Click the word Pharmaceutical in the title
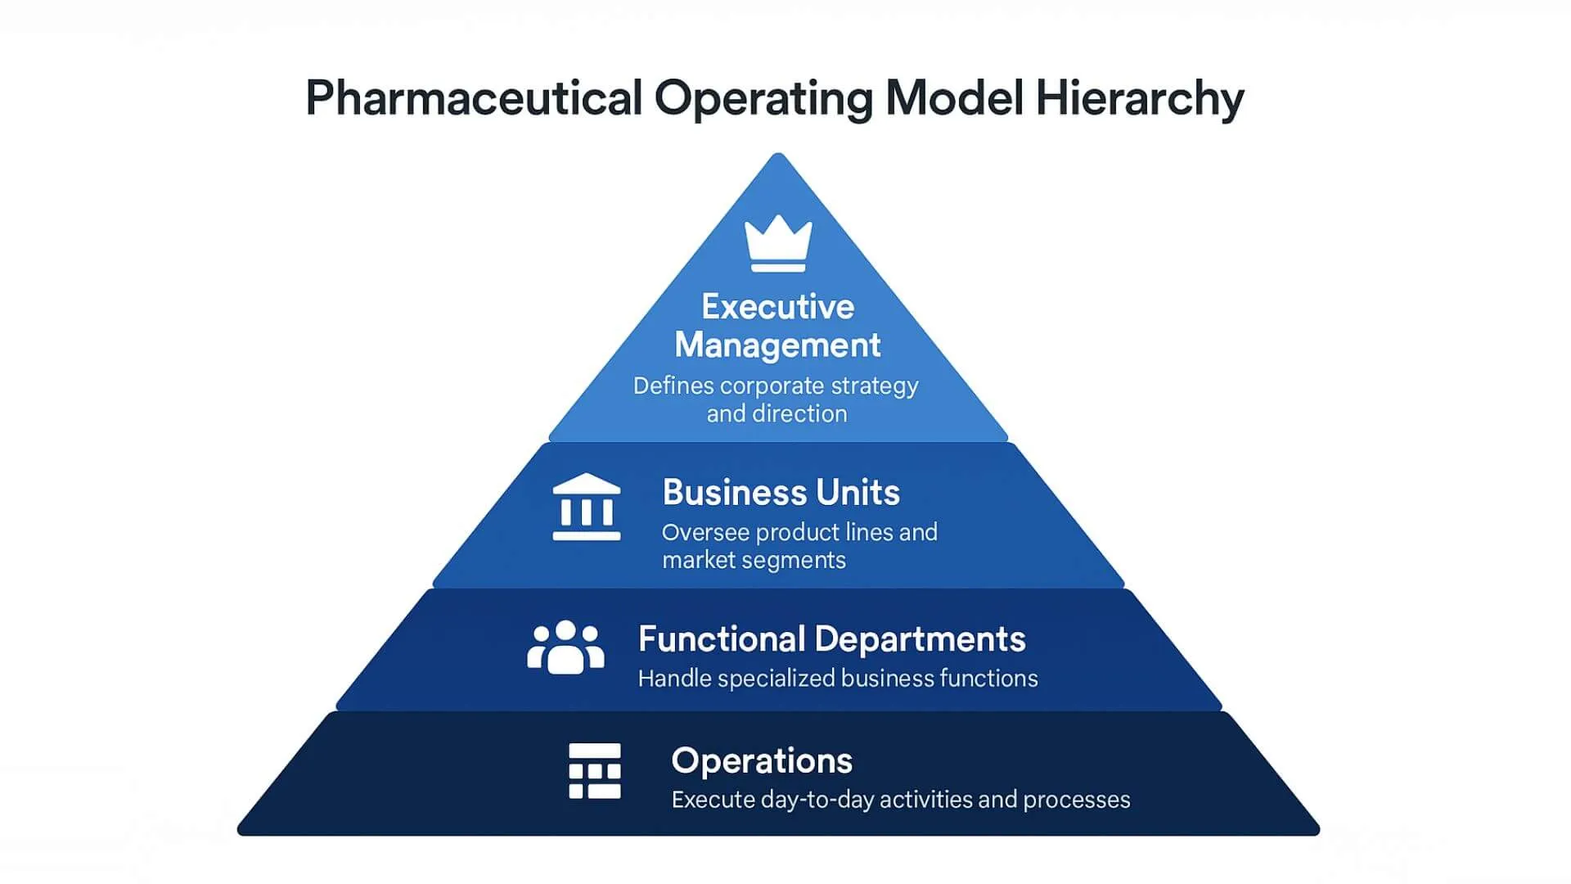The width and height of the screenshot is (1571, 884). (x=473, y=99)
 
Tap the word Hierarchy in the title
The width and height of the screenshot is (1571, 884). (x=1139, y=99)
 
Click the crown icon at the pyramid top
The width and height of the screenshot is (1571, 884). (x=778, y=243)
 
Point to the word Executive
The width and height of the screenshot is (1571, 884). (x=778, y=307)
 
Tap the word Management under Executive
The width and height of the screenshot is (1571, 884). (x=777, y=345)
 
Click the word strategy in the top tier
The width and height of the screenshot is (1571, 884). (x=875, y=386)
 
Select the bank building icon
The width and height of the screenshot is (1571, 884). (x=587, y=507)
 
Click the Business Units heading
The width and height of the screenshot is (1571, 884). (x=781, y=493)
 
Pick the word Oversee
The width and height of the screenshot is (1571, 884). (x=705, y=533)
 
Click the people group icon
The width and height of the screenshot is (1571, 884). (x=565, y=647)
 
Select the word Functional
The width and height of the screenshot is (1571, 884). (x=722, y=639)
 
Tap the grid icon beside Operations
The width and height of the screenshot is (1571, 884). (x=595, y=770)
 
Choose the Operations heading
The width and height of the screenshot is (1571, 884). (x=762, y=761)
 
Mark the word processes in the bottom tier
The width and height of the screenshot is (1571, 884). (x=1077, y=800)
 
